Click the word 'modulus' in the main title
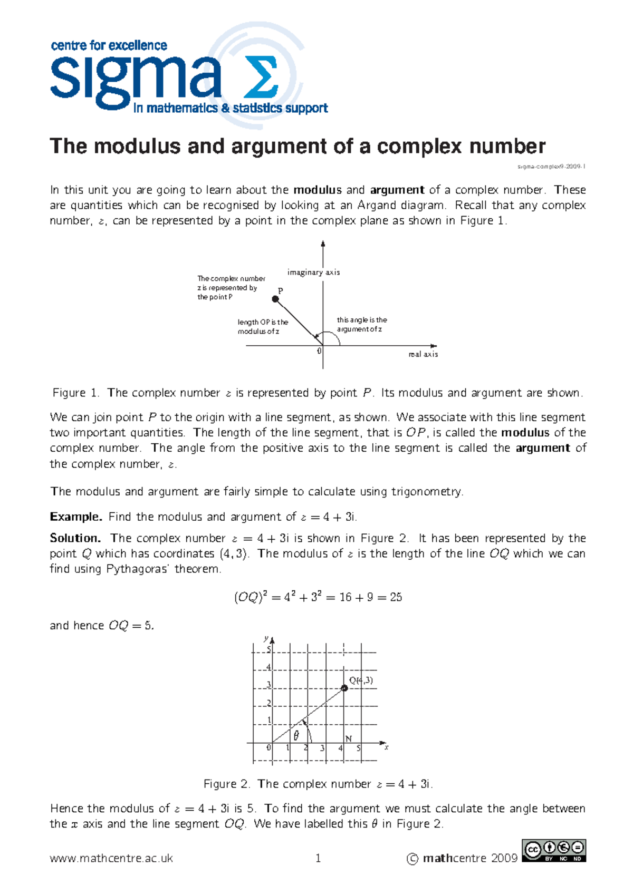pos(137,146)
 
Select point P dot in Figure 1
pos(275,299)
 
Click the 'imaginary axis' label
pos(313,273)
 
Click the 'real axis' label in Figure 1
pos(423,354)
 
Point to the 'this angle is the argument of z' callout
pos(362,324)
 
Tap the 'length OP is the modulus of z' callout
pos(262,327)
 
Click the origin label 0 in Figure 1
pos(319,351)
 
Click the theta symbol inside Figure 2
pos(296,735)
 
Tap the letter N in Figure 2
pos(348,739)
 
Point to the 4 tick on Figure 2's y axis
pos(268,667)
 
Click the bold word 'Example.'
pos(76,517)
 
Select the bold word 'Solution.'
pos(75,538)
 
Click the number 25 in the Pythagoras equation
pos(396,597)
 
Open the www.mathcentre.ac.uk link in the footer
pos(111,858)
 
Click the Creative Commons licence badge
pos(554,851)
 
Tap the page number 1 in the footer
pos(318,858)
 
